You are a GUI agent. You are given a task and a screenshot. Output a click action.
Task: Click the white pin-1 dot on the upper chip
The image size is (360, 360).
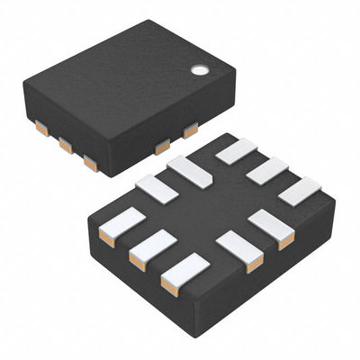click(198, 68)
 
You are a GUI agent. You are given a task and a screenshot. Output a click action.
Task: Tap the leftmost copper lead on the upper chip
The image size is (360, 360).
click(41, 129)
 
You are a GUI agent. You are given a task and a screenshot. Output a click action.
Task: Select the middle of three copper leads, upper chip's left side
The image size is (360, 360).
click(66, 144)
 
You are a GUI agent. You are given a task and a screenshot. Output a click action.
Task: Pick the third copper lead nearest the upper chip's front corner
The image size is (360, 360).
click(90, 162)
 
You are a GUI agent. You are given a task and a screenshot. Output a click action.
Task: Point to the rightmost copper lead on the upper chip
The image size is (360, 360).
click(190, 130)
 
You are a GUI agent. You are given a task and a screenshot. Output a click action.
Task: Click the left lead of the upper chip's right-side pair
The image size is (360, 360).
click(162, 146)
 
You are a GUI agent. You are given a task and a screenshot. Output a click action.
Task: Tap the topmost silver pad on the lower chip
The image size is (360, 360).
click(236, 150)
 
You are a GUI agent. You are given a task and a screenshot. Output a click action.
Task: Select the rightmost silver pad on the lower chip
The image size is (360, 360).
click(300, 190)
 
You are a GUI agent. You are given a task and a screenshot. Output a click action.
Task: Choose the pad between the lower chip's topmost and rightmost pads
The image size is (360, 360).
click(267, 170)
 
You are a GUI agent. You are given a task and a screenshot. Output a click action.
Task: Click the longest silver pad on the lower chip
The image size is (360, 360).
click(190, 171)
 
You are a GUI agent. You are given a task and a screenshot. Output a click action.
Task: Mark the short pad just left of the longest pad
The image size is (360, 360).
click(157, 188)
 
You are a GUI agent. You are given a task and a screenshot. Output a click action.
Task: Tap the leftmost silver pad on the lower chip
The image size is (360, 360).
click(121, 225)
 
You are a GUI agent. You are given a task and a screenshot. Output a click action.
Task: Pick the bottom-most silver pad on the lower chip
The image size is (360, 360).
click(184, 273)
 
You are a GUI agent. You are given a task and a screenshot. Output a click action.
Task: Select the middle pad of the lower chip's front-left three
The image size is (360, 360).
click(152, 247)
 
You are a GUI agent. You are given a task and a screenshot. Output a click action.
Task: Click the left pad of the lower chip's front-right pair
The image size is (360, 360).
click(239, 250)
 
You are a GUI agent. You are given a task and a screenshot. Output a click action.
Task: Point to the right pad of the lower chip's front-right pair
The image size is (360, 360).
click(273, 228)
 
